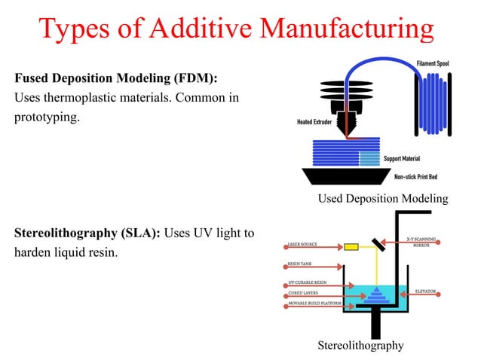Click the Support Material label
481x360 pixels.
tap(401, 159)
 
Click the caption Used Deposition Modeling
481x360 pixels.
tap(383, 199)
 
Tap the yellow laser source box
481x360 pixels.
tap(351, 246)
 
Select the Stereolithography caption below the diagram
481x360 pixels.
tap(360, 346)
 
